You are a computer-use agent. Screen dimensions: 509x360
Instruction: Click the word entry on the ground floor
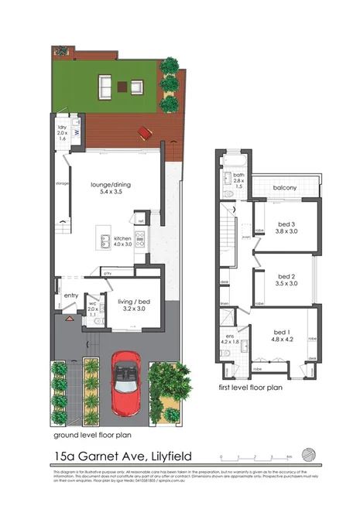point(71,295)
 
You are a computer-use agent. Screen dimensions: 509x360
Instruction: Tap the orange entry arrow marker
point(68,318)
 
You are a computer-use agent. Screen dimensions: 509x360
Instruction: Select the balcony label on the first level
point(286,189)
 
